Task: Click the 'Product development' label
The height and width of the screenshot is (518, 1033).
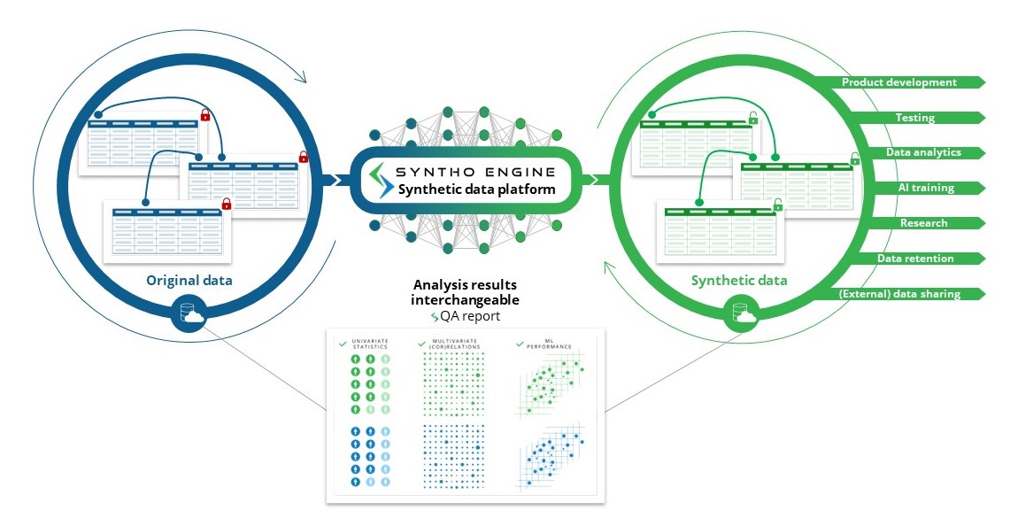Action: click(x=898, y=82)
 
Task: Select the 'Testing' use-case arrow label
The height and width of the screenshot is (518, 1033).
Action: click(x=914, y=118)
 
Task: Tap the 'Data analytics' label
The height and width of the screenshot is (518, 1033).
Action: click(x=923, y=152)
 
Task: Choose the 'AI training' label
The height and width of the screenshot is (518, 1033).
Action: click(x=926, y=188)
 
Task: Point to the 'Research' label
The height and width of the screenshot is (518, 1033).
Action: click(x=923, y=223)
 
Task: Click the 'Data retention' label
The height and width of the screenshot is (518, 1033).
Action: click(x=915, y=259)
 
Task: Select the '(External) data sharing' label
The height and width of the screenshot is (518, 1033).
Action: click(x=899, y=294)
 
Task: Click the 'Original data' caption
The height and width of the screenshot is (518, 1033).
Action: click(x=189, y=281)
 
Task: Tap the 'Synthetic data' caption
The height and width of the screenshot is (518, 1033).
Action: click(x=739, y=281)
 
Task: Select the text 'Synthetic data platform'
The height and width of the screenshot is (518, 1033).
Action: click(x=476, y=189)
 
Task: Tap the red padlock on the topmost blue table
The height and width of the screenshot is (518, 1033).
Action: click(x=205, y=115)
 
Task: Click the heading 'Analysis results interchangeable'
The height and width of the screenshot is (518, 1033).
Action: click(x=465, y=292)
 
